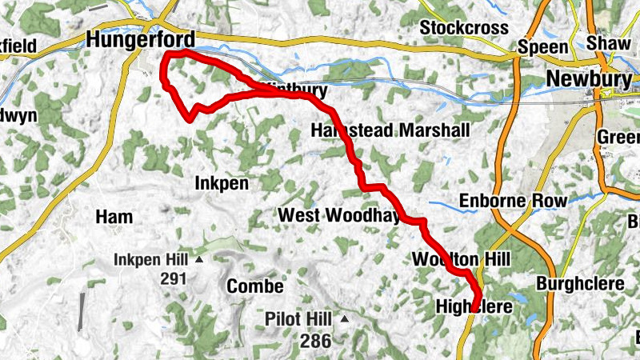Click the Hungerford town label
pyautogui.click(x=140, y=39)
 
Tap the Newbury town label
pyautogui.click(x=589, y=78)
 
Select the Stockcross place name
pyautogui.click(x=464, y=28)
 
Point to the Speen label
pyautogui.click(x=542, y=46)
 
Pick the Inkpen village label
pyautogui.click(x=222, y=183)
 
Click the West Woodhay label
pyautogui.click(x=337, y=216)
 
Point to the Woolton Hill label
pyautogui.click(x=461, y=259)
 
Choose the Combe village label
pyautogui.click(x=255, y=286)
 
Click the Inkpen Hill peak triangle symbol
pyautogui.click(x=199, y=260)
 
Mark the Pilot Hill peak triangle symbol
pyautogui.click(x=345, y=319)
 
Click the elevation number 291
pyautogui.click(x=173, y=278)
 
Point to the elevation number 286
pyautogui.click(x=316, y=341)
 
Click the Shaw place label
pyautogui.click(x=608, y=42)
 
